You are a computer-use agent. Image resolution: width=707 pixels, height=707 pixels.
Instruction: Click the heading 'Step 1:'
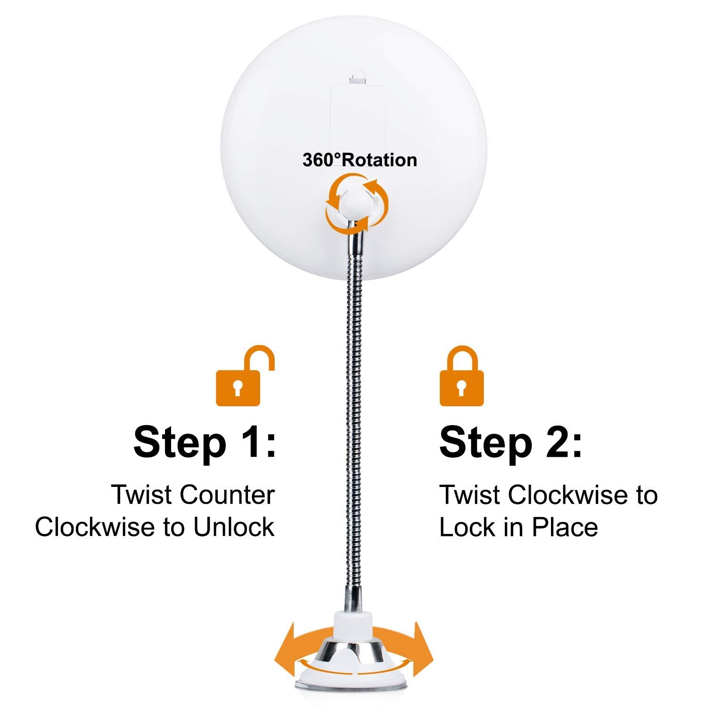(205, 442)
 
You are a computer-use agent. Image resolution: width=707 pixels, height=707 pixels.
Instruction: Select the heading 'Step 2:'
(511, 442)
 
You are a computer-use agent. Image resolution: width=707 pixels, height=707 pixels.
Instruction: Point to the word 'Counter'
(227, 495)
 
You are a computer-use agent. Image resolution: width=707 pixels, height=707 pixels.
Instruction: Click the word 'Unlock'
(234, 527)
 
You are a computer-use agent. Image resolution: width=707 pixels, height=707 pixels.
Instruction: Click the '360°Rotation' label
(360, 160)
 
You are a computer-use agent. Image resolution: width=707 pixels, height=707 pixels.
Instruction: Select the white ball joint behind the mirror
(357, 203)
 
